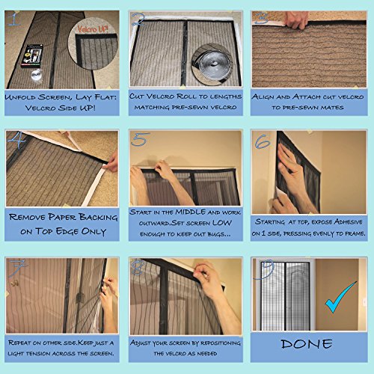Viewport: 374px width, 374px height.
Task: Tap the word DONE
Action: (307, 344)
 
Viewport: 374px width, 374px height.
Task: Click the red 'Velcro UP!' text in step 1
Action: (93, 29)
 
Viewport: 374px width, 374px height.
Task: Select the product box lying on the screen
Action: (31, 55)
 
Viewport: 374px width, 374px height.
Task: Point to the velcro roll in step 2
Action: (212, 63)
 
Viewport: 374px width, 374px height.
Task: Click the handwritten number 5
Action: (141, 139)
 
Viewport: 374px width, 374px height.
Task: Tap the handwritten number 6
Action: (263, 141)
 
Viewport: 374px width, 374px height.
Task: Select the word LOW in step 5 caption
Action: (222, 223)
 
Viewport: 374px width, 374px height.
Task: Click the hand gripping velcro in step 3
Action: (297, 20)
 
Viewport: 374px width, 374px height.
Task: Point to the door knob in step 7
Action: (14, 283)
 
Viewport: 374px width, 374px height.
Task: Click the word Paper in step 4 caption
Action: (62, 217)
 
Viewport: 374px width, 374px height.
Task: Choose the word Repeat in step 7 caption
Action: (19, 343)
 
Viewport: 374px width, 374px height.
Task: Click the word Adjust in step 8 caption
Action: (141, 343)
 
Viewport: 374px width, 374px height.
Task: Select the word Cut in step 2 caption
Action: (136, 96)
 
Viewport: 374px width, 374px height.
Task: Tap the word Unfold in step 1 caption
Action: (20, 97)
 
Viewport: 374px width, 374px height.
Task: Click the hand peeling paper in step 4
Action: (111, 162)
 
